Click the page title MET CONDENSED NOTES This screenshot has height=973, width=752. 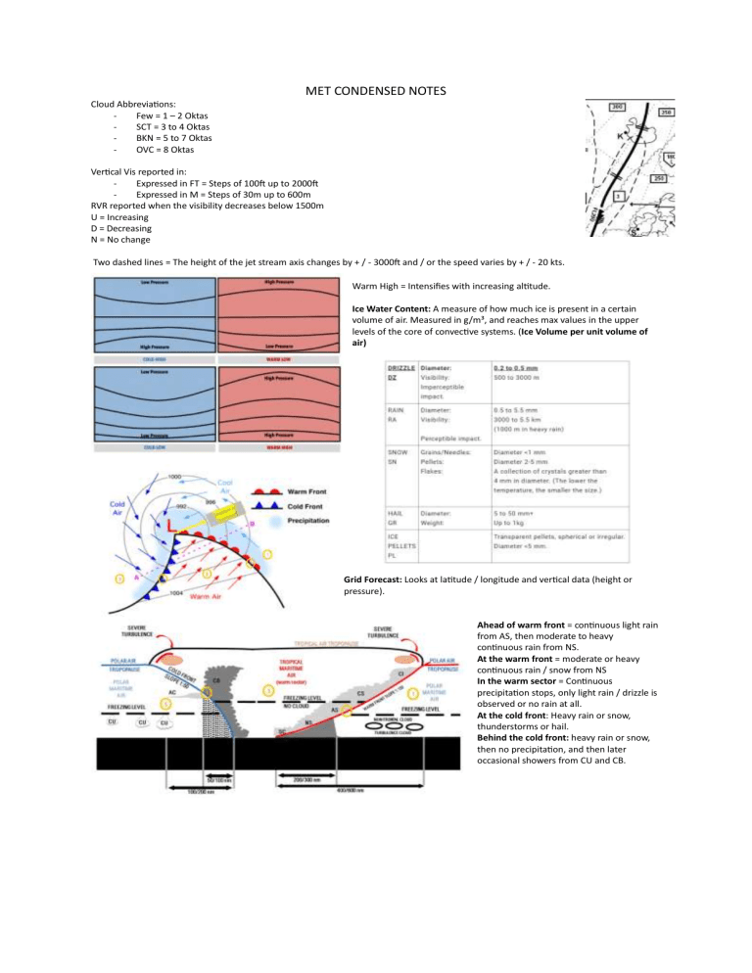375,91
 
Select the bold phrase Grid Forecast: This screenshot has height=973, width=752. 378,580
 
